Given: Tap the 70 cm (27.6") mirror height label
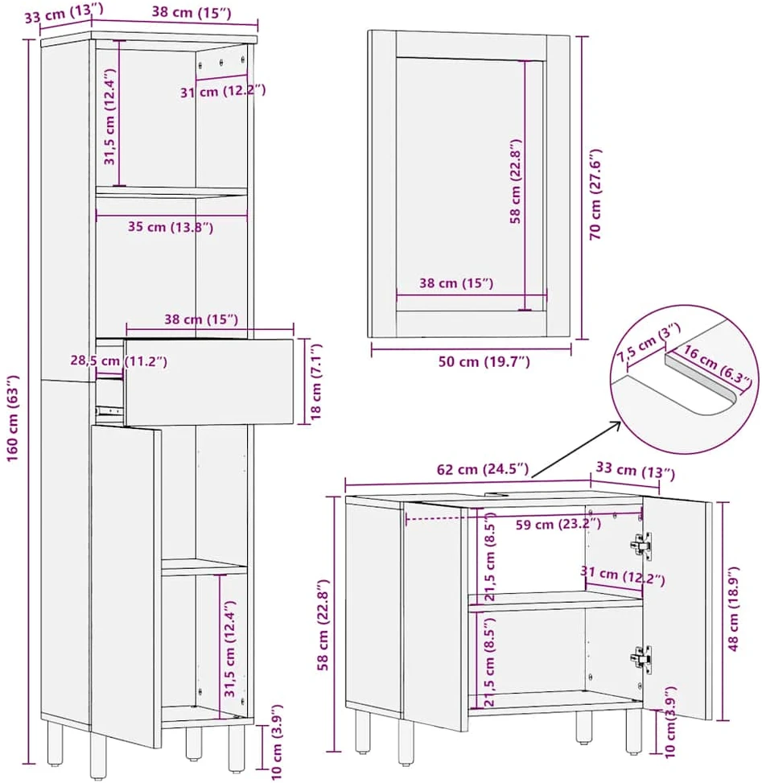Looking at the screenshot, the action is click(595, 194).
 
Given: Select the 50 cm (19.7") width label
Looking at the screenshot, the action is click(484, 361).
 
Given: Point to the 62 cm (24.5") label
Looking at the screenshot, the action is click(482, 469).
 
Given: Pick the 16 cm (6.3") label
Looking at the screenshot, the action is click(717, 365).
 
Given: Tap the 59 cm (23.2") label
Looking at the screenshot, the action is click(558, 525).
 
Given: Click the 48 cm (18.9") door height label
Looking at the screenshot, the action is click(732, 608).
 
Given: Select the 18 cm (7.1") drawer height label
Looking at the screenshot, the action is click(316, 381).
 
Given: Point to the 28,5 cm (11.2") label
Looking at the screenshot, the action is click(118, 361).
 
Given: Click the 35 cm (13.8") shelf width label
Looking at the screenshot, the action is click(171, 227).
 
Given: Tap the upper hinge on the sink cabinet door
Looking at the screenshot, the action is click(640, 543).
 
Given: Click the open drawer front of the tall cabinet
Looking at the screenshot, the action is click(208, 382).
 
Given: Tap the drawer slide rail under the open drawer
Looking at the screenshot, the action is click(109, 411).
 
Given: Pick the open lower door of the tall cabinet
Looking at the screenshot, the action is click(126, 587).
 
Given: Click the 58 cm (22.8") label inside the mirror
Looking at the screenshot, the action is click(515, 181).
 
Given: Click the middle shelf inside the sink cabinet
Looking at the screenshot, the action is click(554, 600).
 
